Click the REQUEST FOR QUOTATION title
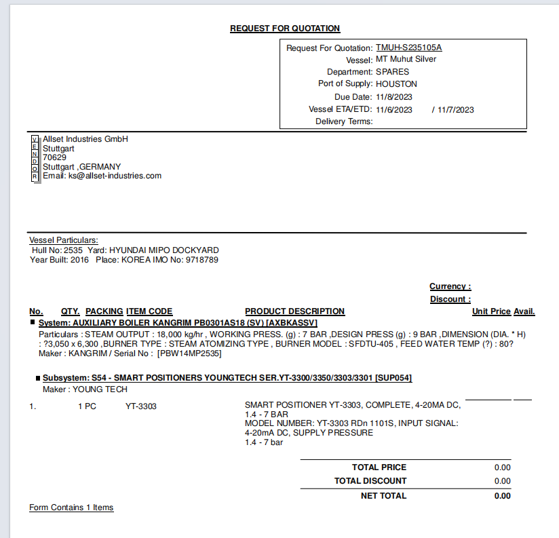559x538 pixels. (285, 28)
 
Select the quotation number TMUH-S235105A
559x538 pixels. (408, 47)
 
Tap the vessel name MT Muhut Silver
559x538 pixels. (406, 60)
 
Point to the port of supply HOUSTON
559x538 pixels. (396, 84)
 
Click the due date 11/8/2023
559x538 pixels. (393, 97)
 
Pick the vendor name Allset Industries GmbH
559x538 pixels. (85, 139)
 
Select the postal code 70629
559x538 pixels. (54, 157)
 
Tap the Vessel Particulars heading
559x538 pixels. (64, 240)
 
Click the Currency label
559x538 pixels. (450, 286)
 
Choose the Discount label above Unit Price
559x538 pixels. (450, 299)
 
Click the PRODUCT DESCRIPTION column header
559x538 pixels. (295, 311)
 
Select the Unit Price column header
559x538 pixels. (491, 311)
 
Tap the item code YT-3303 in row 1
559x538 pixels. (141, 406)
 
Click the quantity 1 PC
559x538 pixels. (87, 406)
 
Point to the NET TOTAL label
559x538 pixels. (383, 496)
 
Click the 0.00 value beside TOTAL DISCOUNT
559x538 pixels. (502, 481)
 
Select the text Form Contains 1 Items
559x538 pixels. (71, 507)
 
